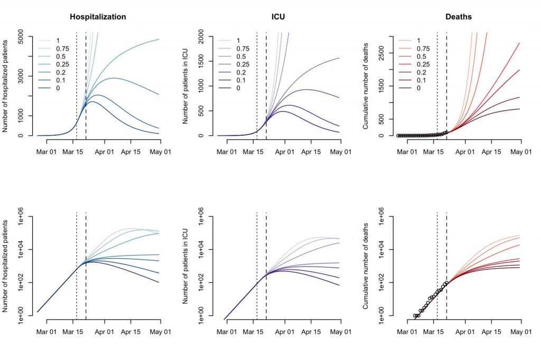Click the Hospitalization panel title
pyautogui.click(x=98, y=17)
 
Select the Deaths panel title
pyautogui.click(x=459, y=17)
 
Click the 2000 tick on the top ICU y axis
pyautogui.click(x=206, y=36)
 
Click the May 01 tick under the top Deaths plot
pyautogui.click(x=521, y=152)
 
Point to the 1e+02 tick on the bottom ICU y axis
pyautogui.click(x=206, y=282)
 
